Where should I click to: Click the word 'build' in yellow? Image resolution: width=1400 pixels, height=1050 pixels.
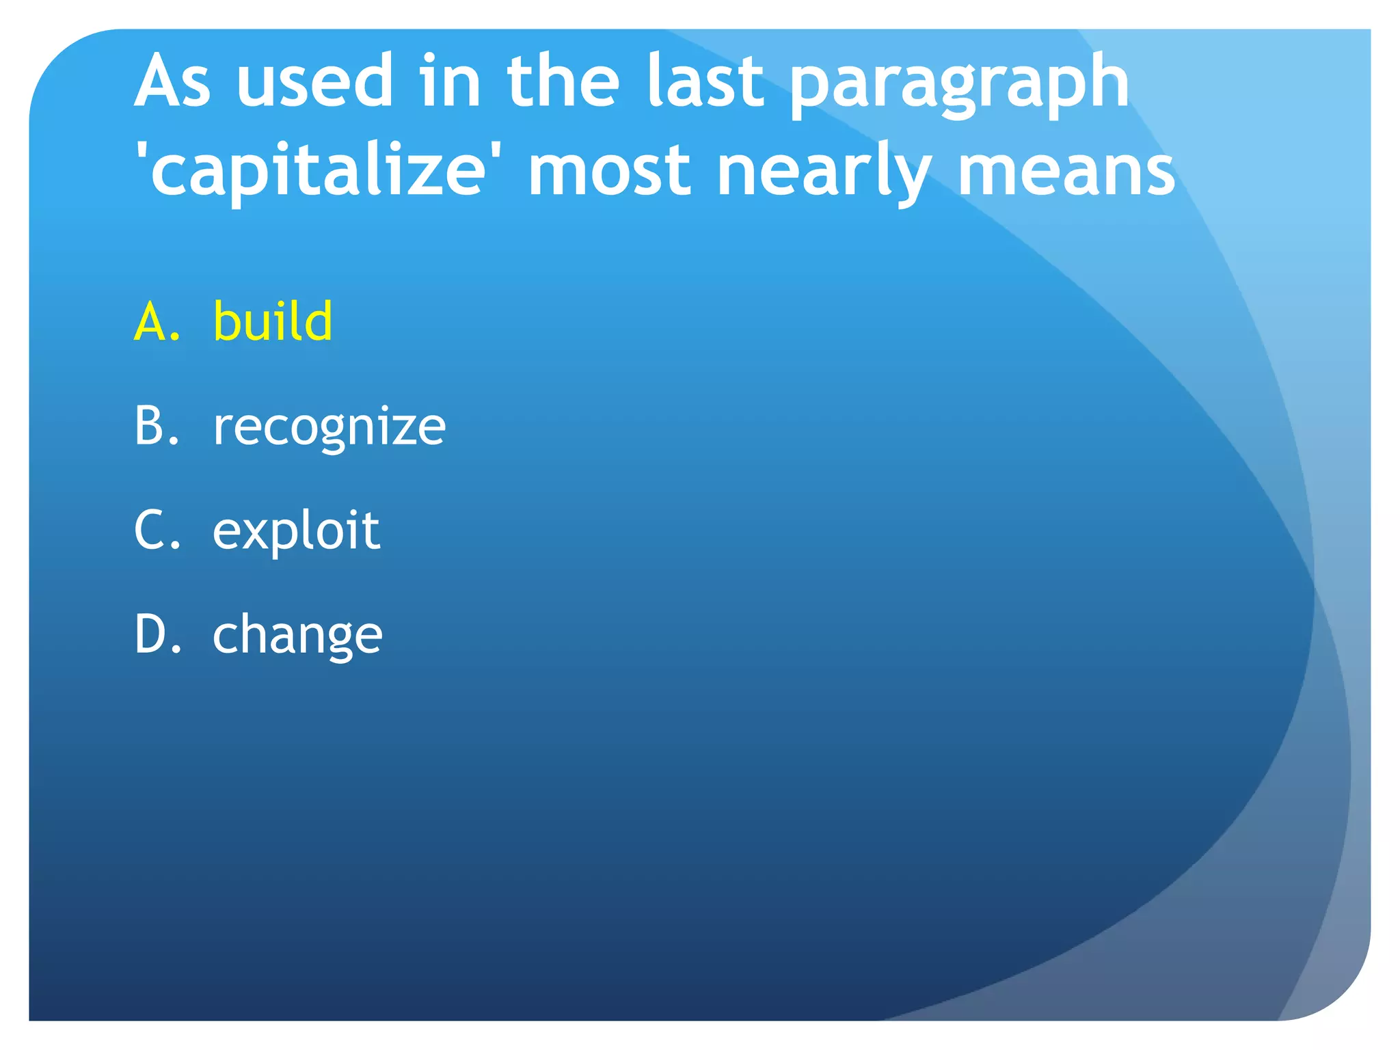pos(273,321)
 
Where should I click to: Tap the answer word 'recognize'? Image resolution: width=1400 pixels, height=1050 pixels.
pos(329,427)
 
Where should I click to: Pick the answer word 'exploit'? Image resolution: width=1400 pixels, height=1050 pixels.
pos(296,531)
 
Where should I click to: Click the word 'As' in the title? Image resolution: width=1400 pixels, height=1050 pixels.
pos(172,82)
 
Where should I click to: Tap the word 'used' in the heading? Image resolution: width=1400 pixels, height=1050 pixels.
pos(314,82)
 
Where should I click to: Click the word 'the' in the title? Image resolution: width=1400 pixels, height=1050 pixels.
pos(563,82)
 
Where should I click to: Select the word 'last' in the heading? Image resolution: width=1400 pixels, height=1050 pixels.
pos(704,82)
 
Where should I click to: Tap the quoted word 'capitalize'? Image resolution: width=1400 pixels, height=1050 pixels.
pos(317,171)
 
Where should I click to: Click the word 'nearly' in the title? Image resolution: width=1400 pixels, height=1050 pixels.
pos(824,174)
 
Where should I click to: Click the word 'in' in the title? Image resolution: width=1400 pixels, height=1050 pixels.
pos(450,82)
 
